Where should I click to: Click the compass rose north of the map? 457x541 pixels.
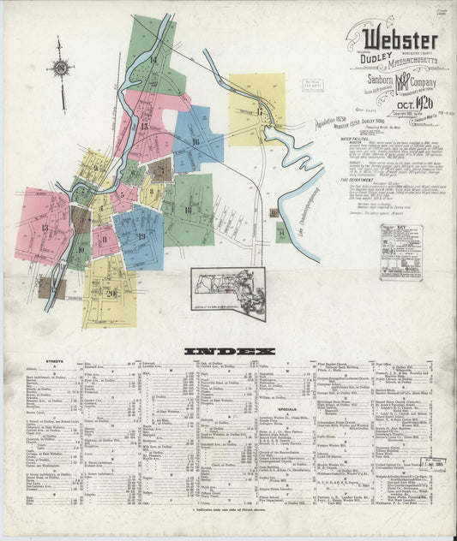(x=60, y=69)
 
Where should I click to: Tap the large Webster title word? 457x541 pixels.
(x=400, y=40)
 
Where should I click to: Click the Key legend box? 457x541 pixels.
(x=400, y=253)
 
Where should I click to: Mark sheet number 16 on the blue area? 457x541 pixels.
(x=196, y=142)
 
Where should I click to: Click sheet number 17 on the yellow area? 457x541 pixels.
(x=256, y=112)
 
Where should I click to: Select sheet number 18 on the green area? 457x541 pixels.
(x=187, y=210)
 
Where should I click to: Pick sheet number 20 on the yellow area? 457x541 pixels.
(x=111, y=292)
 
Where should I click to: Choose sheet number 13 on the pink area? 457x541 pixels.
(x=45, y=229)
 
